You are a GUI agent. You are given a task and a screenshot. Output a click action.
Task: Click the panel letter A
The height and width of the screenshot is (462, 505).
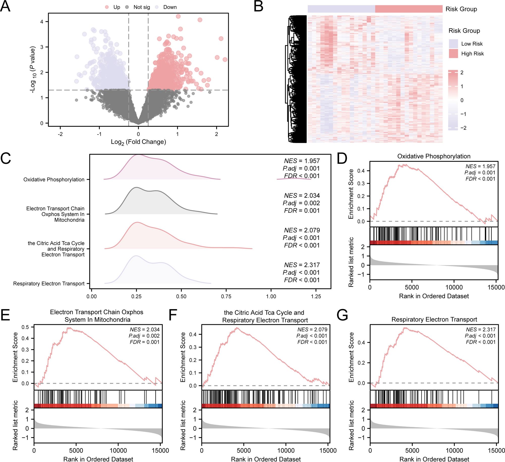5,7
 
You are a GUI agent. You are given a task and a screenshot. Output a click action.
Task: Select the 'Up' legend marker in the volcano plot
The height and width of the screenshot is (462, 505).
107,7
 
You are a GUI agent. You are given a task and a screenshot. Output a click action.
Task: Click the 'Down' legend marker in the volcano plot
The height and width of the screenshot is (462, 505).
157,7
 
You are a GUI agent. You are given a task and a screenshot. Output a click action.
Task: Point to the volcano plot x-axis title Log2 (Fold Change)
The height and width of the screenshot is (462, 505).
138,142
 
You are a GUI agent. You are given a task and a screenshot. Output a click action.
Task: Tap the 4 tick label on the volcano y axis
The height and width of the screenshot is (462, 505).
42,22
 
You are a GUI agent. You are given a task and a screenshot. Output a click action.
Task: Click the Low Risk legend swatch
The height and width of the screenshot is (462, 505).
453,44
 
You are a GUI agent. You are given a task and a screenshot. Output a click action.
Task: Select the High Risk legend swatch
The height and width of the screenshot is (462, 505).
453,53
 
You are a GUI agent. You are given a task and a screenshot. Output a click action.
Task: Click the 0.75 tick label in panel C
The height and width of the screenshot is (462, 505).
226,296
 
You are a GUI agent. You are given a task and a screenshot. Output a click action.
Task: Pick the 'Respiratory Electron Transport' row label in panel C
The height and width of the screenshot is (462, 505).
49,284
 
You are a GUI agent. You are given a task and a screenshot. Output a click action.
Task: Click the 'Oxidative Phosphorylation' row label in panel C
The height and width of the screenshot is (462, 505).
54,179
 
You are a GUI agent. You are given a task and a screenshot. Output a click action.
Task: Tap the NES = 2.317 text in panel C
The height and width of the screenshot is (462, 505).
302,265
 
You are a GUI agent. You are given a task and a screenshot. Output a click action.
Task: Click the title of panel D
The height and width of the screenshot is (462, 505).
434,156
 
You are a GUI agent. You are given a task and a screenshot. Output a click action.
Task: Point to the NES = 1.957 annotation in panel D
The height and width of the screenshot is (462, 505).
480,166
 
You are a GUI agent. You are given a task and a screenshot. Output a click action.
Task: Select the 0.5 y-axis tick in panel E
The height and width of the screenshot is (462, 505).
25,327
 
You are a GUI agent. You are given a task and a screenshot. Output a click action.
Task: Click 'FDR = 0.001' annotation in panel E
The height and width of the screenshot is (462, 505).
145,342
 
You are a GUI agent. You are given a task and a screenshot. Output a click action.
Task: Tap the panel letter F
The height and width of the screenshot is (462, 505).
173,315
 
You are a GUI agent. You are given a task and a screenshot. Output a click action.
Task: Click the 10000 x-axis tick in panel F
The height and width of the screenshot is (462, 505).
286,450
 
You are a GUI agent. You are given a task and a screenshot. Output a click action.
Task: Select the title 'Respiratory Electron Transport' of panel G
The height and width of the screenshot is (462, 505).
434,319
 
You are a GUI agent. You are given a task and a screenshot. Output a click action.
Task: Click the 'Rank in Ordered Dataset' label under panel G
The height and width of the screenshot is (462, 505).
434,459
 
